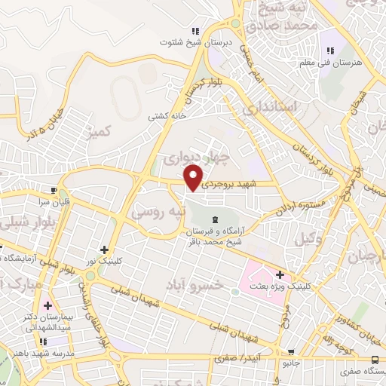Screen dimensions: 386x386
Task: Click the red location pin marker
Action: [195, 178]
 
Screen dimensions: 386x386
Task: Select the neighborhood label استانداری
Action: [272, 107]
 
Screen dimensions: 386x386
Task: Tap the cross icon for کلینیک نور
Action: [103, 250]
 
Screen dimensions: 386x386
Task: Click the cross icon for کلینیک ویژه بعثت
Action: [280, 274]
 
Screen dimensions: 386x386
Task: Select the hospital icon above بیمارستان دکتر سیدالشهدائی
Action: [48, 305]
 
